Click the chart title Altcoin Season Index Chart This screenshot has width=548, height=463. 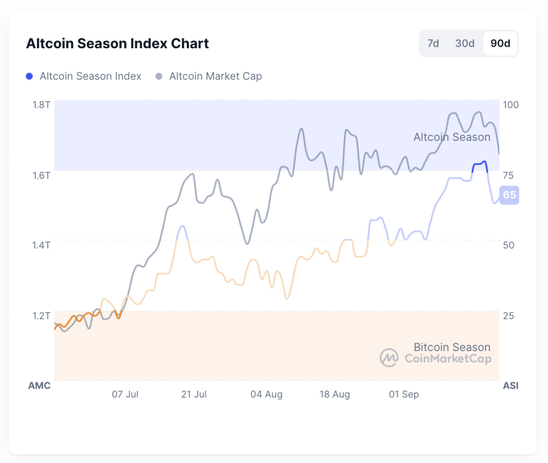pyautogui.click(x=117, y=43)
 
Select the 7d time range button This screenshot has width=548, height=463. pyautogui.click(x=433, y=43)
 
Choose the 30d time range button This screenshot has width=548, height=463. pyautogui.click(x=465, y=43)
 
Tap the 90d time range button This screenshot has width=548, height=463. pyautogui.click(x=500, y=43)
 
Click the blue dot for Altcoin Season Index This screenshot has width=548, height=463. pyautogui.click(x=29, y=77)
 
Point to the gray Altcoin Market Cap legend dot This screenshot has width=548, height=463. pyautogui.click(x=159, y=77)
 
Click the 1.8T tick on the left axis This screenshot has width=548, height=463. pyautogui.click(x=41, y=104)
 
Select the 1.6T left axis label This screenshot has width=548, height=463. pyautogui.click(x=41, y=175)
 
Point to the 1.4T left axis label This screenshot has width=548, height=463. pyautogui.click(x=41, y=245)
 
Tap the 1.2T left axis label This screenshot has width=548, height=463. pyautogui.click(x=41, y=315)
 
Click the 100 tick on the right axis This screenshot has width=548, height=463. pyautogui.click(x=511, y=104)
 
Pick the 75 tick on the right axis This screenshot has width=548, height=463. pyautogui.click(x=509, y=175)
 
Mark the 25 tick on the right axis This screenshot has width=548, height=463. pyautogui.click(x=509, y=315)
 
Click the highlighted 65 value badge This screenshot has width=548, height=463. pyautogui.click(x=509, y=195)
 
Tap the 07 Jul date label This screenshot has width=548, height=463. pyautogui.click(x=125, y=394)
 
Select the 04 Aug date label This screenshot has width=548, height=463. pyautogui.click(x=267, y=394)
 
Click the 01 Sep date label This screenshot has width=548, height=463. pyautogui.click(x=404, y=394)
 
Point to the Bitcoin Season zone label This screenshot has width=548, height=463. pyautogui.click(x=452, y=347)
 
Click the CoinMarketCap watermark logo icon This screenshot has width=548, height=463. pyautogui.click(x=389, y=358)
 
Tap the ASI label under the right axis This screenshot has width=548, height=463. pyautogui.click(x=511, y=385)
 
